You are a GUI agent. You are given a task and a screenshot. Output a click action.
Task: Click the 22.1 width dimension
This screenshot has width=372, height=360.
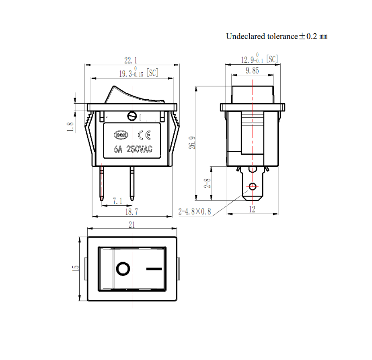(x=131, y=60)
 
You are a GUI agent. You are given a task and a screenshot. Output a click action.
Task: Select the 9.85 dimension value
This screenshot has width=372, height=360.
(x=252, y=70)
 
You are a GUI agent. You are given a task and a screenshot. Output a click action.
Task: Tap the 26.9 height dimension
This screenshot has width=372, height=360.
(x=192, y=143)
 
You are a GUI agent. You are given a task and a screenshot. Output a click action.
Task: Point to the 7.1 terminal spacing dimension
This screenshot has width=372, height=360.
(x=117, y=201)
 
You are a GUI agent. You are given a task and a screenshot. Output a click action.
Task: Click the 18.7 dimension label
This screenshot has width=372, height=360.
(x=132, y=212)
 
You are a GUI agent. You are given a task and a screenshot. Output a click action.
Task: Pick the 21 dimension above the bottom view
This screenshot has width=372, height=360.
(x=132, y=225)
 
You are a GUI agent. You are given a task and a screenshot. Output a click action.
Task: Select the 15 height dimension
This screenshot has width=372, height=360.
(x=76, y=268)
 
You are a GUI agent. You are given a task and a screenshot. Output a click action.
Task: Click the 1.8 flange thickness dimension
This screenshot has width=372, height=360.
(x=70, y=127)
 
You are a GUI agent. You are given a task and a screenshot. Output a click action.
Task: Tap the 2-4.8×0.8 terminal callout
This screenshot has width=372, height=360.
(x=195, y=211)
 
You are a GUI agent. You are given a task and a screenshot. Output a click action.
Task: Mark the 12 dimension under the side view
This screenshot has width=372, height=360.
(x=252, y=209)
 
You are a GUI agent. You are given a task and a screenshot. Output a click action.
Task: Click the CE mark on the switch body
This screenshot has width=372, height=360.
(x=144, y=135)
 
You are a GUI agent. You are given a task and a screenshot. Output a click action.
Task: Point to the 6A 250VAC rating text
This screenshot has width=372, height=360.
(x=133, y=149)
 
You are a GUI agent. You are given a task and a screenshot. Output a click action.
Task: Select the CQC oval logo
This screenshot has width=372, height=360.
(x=121, y=135)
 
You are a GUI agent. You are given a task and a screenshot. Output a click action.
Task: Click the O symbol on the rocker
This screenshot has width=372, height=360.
(x=123, y=269)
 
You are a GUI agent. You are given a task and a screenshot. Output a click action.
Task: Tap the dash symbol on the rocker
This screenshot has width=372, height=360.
(x=154, y=269)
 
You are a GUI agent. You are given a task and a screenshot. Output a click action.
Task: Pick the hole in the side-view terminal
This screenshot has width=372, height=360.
(x=253, y=187)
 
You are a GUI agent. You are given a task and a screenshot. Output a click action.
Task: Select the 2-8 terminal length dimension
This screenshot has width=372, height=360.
(x=208, y=183)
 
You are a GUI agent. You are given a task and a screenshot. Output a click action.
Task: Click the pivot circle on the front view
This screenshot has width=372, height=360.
(x=132, y=117)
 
